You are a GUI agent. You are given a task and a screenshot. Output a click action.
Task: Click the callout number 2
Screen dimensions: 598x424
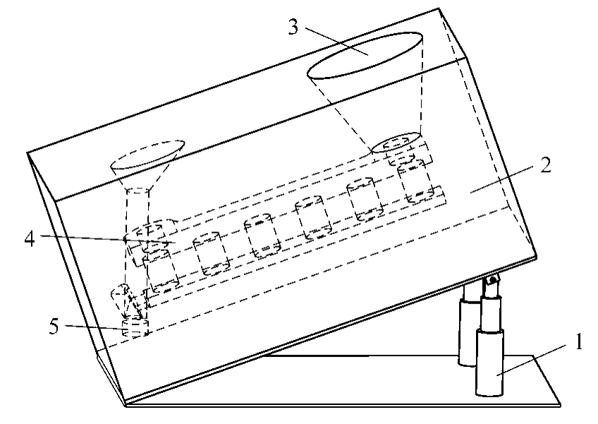pos(546,165)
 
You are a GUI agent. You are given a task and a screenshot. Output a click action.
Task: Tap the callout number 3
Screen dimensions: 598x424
pos(293,27)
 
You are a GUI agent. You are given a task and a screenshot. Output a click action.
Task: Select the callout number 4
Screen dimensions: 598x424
pos(30,238)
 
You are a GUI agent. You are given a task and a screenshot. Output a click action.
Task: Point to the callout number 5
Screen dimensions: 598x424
pos(54,327)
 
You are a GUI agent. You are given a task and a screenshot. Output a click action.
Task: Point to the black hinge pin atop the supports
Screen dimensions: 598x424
pos(493,281)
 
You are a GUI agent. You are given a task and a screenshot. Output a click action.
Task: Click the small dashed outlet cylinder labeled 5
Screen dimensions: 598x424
pos(135,329)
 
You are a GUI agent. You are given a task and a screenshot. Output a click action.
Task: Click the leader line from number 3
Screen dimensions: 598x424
pos(337,41)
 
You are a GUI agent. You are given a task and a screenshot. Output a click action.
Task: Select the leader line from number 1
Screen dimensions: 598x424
pos(531,360)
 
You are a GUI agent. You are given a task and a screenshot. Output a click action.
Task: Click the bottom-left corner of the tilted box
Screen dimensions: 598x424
pos(126,404)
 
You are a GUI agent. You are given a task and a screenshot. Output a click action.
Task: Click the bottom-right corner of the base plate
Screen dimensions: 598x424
pos(560,405)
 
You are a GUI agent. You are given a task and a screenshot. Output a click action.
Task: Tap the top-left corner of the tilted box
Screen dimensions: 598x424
pos(27,153)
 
